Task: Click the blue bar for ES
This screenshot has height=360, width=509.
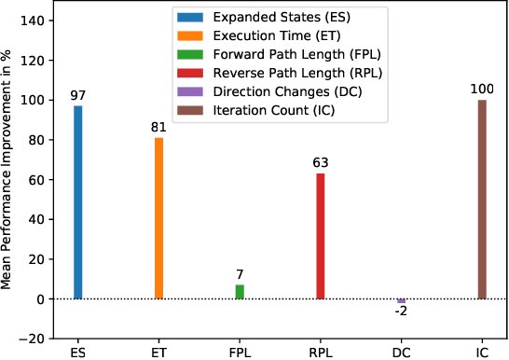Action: pyautogui.click(x=78, y=202)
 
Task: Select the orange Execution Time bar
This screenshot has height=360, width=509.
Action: pyautogui.click(x=158, y=218)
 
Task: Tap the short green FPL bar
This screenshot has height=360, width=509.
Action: pyautogui.click(x=240, y=292)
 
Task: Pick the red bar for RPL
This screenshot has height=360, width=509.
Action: pyautogui.click(x=321, y=236)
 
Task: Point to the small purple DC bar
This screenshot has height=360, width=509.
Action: pyautogui.click(x=401, y=301)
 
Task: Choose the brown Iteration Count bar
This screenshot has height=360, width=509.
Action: pyautogui.click(x=482, y=200)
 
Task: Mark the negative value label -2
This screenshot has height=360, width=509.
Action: pyautogui.click(x=401, y=312)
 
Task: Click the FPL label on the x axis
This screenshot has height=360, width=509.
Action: pyautogui.click(x=240, y=353)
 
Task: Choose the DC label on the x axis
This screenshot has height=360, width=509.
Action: pyautogui.click(x=401, y=353)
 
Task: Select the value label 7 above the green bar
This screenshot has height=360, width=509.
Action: pyautogui.click(x=240, y=275)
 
